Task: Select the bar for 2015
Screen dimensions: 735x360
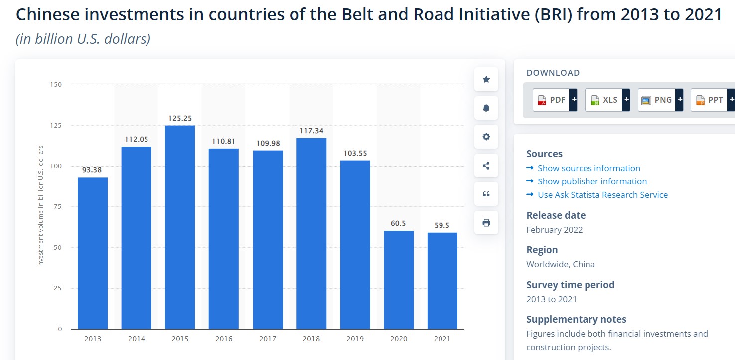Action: click(x=180, y=227)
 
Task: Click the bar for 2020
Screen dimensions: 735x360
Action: click(x=399, y=280)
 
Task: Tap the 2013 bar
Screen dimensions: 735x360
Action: click(x=93, y=253)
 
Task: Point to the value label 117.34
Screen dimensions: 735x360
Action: click(x=311, y=131)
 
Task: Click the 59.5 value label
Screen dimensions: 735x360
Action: click(x=441, y=225)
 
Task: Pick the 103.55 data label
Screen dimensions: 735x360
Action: click(x=355, y=153)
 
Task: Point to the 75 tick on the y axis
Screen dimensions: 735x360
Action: click(x=57, y=206)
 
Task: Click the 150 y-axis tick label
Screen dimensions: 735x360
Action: click(x=56, y=84)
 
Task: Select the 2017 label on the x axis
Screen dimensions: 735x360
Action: click(x=268, y=339)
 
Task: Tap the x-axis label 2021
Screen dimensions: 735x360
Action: click(x=442, y=339)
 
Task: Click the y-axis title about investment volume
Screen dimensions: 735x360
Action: click(x=41, y=206)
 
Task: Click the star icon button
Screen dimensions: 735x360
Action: click(x=486, y=79)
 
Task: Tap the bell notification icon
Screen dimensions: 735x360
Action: click(x=486, y=108)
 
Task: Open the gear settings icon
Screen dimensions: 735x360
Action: click(x=486, y=137)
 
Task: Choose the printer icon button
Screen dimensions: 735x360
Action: click(x=486, y=223)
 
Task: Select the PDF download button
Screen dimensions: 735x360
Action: click(x=555, y=100)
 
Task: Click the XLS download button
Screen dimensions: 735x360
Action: click(x=607, y=100)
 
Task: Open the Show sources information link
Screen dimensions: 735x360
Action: click(x=588, y=168)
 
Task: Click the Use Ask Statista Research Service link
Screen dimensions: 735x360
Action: click(x=602, y=195)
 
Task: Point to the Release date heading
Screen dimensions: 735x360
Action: click(x=556, y=215)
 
